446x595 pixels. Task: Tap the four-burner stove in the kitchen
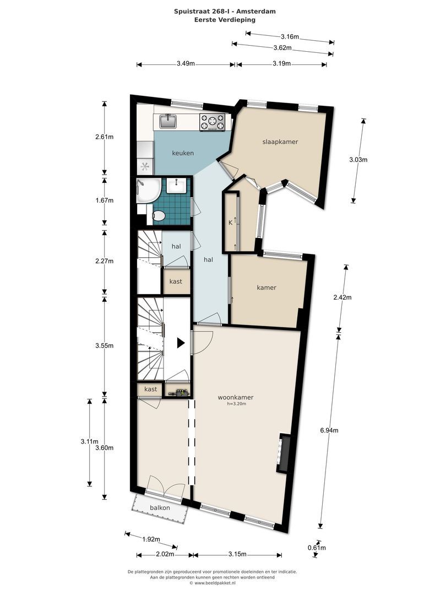point(213,122)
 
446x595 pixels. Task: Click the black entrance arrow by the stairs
point(181,343)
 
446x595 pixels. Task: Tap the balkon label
point(160,508)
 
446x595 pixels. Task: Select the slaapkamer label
point(280,142)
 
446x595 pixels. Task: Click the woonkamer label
point(236,397)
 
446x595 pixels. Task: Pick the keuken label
point(183,153)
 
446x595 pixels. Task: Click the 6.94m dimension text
point(329,430)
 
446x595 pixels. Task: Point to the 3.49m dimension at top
point(186,64)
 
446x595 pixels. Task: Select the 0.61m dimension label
point(317,548)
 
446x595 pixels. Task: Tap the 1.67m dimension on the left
point(104,201)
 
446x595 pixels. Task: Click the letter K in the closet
point(230,223)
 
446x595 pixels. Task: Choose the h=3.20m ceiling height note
point(237,404)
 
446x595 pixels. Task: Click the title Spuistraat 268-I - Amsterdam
point(225,12)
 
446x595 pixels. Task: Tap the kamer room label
point(266,288)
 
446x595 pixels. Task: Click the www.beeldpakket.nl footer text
point(213,583)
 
